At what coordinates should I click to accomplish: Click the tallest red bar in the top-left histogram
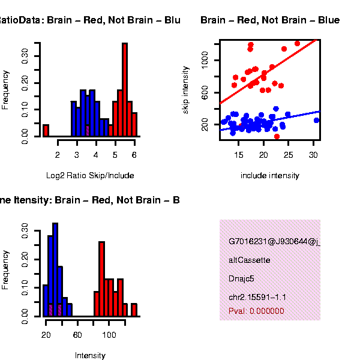(125, 90)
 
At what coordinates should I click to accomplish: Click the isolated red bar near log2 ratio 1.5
(46, 130)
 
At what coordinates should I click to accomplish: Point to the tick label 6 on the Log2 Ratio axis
(134, 155)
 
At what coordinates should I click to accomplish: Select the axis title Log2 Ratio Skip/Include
(90, 176)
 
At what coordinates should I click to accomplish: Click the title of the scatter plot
(270, 20)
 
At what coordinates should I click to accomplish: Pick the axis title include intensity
(269, 176)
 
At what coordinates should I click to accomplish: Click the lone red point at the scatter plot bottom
(277, 137)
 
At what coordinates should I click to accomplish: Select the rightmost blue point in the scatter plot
(317, 121)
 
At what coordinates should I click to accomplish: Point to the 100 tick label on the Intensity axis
(109, 335)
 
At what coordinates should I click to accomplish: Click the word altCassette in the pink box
(250, 260)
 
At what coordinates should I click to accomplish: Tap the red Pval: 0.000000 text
(256, 311)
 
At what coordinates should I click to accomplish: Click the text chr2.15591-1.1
(257, 297)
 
